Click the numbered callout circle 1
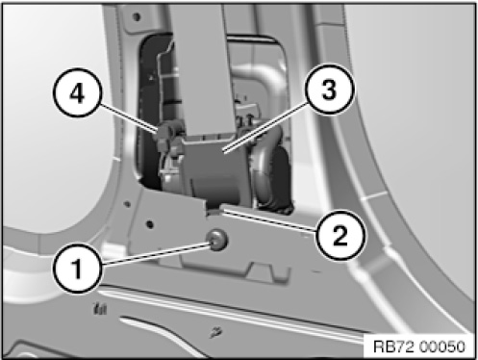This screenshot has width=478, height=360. (x=77, y=268)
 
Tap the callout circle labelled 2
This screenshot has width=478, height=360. (x=340, y=235)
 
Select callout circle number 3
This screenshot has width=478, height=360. (x=330, y=89)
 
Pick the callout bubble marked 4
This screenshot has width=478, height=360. (x=77, y=92)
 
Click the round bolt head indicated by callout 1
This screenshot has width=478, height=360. (x=217, y=240)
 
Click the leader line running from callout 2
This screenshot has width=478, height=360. (x=270, y=220)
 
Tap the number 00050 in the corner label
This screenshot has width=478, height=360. (x=441, y=347)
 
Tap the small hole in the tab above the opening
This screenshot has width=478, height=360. (x=137, y=16)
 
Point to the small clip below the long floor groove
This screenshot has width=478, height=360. (x=215, y=332)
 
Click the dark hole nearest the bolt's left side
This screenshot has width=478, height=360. (x=150, y=224)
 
